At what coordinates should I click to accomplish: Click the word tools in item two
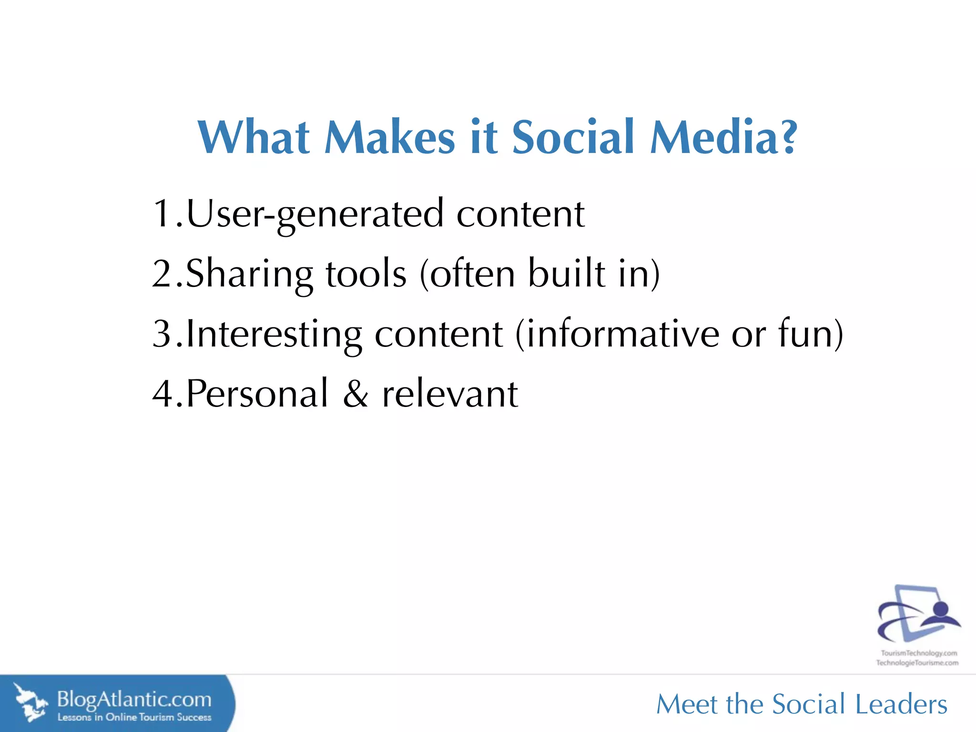366,274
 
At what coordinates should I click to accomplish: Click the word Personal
257,394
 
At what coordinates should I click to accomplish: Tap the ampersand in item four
356,394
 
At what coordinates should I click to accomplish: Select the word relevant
450,394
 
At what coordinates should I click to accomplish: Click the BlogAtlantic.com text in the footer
134,700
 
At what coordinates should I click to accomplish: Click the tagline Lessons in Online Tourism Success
134,717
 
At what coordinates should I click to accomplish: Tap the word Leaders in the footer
901,704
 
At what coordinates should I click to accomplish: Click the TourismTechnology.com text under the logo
918,653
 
